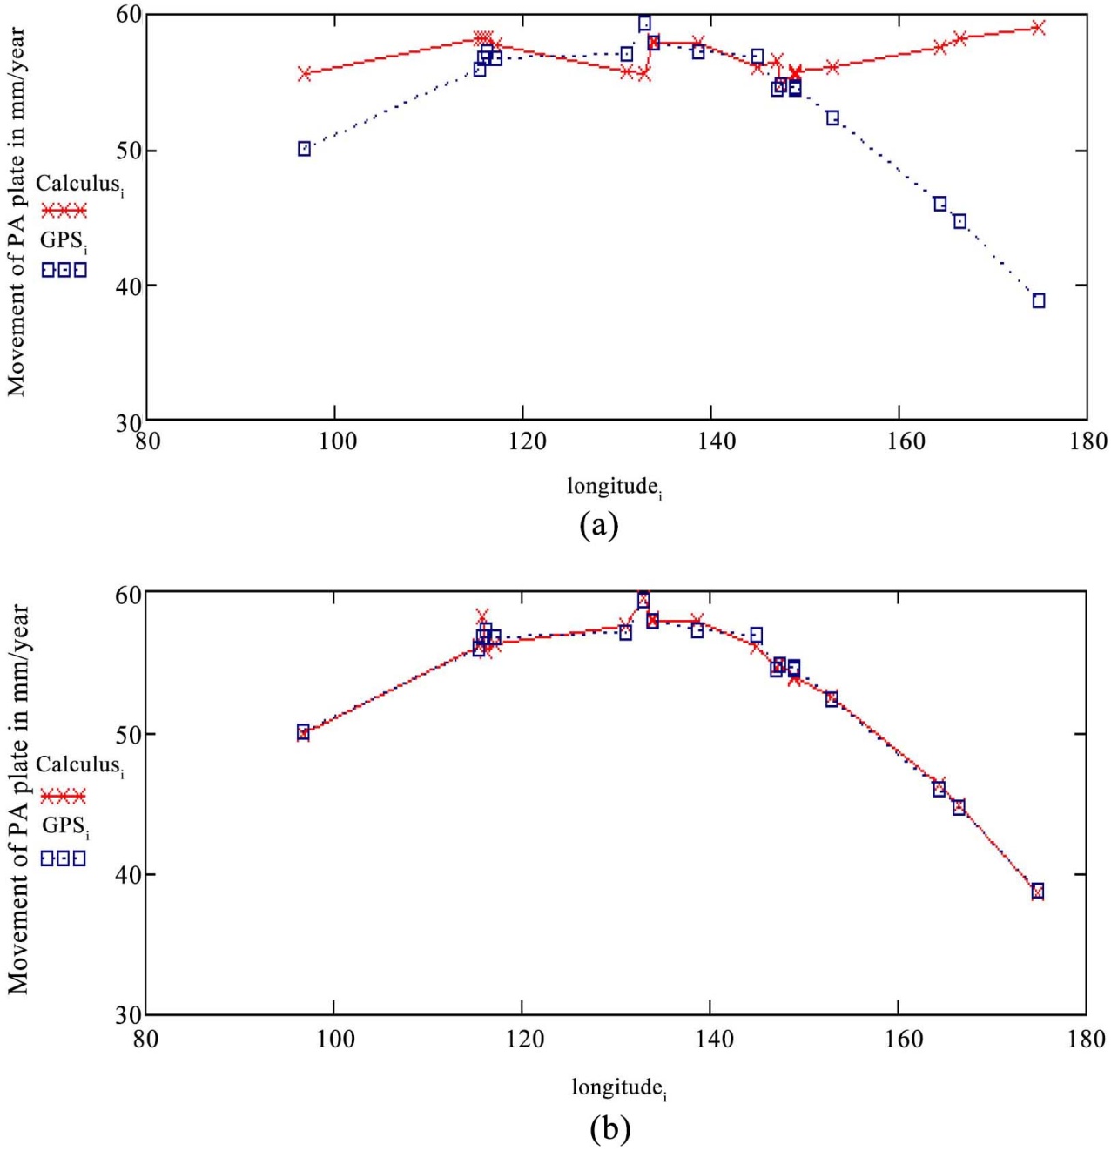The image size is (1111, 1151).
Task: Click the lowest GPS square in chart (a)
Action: (x=1039, y=300)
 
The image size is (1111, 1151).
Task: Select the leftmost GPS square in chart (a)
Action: (x=304, y=149)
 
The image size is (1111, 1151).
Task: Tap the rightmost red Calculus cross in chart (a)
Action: (x=1038, y=28)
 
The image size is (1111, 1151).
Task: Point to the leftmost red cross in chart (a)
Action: (x=305, y=74)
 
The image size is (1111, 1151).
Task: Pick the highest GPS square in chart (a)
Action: (x=644, y=24)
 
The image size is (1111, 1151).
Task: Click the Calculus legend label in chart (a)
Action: (x=78, y=185)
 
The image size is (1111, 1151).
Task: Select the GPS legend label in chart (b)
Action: (x=65, y=826)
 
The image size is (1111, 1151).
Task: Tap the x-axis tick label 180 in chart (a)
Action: (x=1087, y=441)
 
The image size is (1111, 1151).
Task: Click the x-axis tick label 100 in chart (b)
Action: (x=336, y=1039)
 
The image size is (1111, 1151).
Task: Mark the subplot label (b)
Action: (x=609, y=1129)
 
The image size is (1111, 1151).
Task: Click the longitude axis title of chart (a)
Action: (x=615, y=487)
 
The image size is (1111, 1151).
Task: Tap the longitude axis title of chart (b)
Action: (x=618, y=1087)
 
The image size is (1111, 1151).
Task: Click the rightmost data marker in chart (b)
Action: (x=1037, y=891)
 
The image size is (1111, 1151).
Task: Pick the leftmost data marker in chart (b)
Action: (x=303, y=732)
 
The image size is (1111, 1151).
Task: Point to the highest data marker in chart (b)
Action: (x=643, y=600)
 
